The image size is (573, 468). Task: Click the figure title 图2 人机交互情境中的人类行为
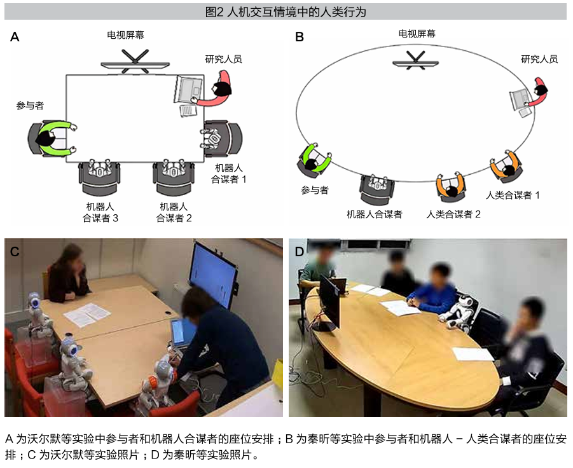[286, 11]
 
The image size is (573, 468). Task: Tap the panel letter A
[15, 38]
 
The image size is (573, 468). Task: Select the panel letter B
[300, 37]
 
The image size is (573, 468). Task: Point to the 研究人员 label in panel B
[539, 59]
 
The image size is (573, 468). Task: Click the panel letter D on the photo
[299, 250]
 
